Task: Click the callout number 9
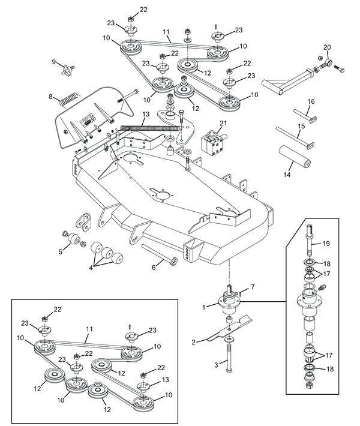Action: click(53, 62)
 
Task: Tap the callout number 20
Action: click(327, 47)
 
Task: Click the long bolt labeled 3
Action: click(228, 360)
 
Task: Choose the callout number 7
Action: click(253, 287)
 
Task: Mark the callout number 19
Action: click(326, 244)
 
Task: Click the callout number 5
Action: click(61, 252)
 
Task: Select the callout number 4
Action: click(92, 268)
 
